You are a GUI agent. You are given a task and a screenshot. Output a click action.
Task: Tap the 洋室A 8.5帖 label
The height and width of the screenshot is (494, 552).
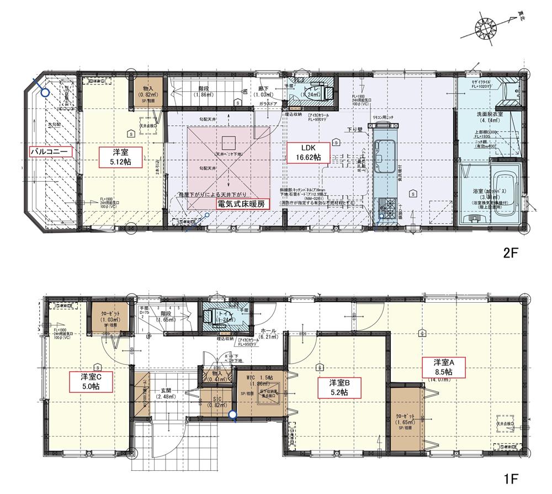click(x=444, y=367)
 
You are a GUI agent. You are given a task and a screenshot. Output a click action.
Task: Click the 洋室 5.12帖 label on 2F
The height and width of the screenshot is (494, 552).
click(x=119, y=156)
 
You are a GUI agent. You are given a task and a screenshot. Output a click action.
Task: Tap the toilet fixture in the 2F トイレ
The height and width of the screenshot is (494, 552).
click(x=320, y=92)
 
